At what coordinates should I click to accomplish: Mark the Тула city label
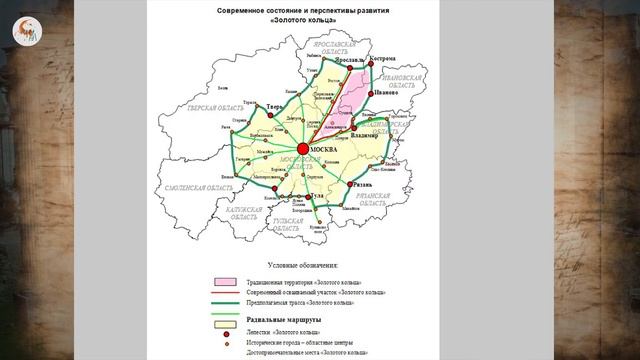pos(316,196)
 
